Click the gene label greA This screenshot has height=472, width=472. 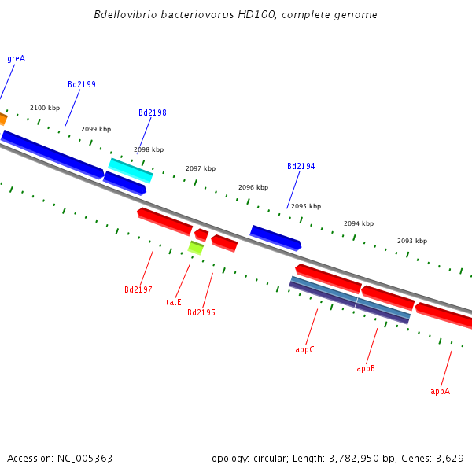[16, 58]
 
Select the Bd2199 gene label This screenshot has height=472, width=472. [82, 84]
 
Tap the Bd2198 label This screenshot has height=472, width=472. [153, 112]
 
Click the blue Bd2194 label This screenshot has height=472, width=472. [301, 166]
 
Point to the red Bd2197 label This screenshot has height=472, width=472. [138, 289]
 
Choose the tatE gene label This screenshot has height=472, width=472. [173, 302]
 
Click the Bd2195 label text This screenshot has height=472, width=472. [201, 312]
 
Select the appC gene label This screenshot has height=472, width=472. [304, 349]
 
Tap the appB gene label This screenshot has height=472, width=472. [366, 368]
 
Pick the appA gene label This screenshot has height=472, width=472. [440, 391]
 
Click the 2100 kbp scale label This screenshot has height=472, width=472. [45, 108]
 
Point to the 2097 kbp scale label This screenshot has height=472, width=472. [201, 168]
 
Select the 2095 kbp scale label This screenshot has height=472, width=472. [306, 206]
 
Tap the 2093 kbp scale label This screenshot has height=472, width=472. [412, 241]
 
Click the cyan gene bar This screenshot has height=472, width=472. [131, 170]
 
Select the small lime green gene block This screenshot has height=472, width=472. [196, 248]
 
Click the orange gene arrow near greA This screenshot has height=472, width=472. [2, 119]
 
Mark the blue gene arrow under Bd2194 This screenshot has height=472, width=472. [275, 237]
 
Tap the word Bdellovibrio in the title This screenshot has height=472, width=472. [122, 15]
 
